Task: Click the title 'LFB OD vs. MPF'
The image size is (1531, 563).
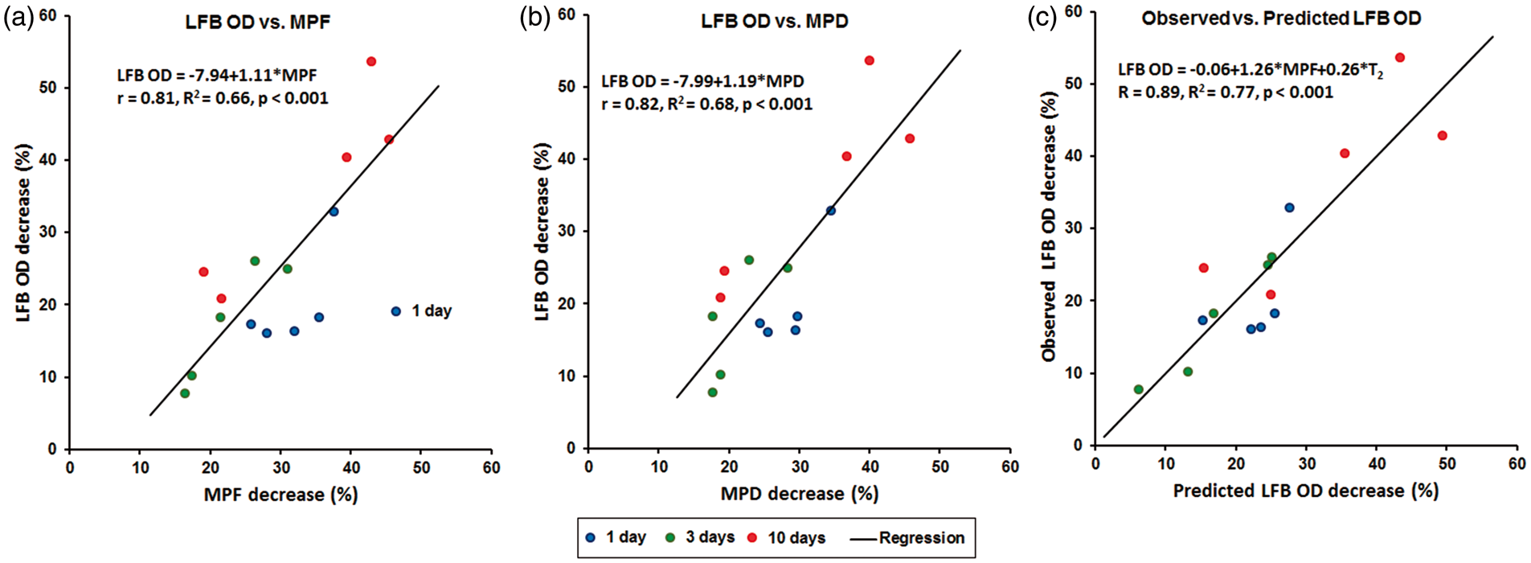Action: [257, 22]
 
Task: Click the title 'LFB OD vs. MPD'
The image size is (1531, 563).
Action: [775, 21]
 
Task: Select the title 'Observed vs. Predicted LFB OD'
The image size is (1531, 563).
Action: [1281, 18]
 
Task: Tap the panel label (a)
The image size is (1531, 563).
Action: [18, 18]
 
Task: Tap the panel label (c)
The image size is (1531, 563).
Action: [1042, 18]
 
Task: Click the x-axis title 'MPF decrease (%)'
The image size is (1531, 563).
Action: [280, 494]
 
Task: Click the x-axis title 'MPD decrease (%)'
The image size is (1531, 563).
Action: [800, 493]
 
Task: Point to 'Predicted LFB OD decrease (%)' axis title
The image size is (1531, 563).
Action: [1305, 491]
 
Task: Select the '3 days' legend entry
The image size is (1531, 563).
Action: [701, 537]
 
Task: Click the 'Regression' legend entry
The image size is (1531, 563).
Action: [907, 537]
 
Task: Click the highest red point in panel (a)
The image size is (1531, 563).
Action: [371, 61]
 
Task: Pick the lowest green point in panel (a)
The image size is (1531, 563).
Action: [185, 393]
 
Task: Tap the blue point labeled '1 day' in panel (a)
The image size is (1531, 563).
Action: [395, 311]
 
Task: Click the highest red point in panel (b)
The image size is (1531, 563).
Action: [869, 60]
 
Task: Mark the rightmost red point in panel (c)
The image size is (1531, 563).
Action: [1443, 135]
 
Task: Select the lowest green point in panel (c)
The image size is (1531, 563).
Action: [1138, 389]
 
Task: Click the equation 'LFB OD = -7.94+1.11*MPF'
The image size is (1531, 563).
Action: [217, 76]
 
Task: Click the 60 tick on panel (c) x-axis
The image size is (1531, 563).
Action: [1517, 463]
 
